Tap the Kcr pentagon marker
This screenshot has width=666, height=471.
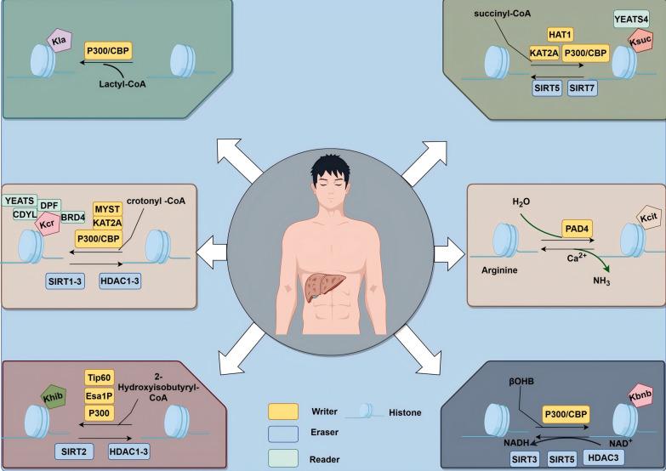(x=48, y=224)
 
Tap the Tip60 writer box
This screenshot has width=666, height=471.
(x=100, y=377)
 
